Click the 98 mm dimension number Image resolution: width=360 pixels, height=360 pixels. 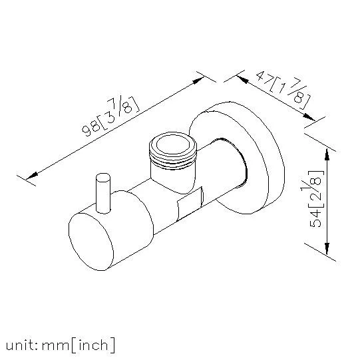[91, 130]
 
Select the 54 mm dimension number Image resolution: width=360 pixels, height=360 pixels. [315, 218]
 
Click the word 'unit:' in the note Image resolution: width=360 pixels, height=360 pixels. [21, 346]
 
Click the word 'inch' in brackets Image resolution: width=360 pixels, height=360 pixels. [93, 345]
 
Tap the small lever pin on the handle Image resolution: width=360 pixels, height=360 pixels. [103, 194]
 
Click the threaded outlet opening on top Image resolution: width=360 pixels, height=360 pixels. [173, 144]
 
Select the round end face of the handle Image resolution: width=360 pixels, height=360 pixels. [91, 242]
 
